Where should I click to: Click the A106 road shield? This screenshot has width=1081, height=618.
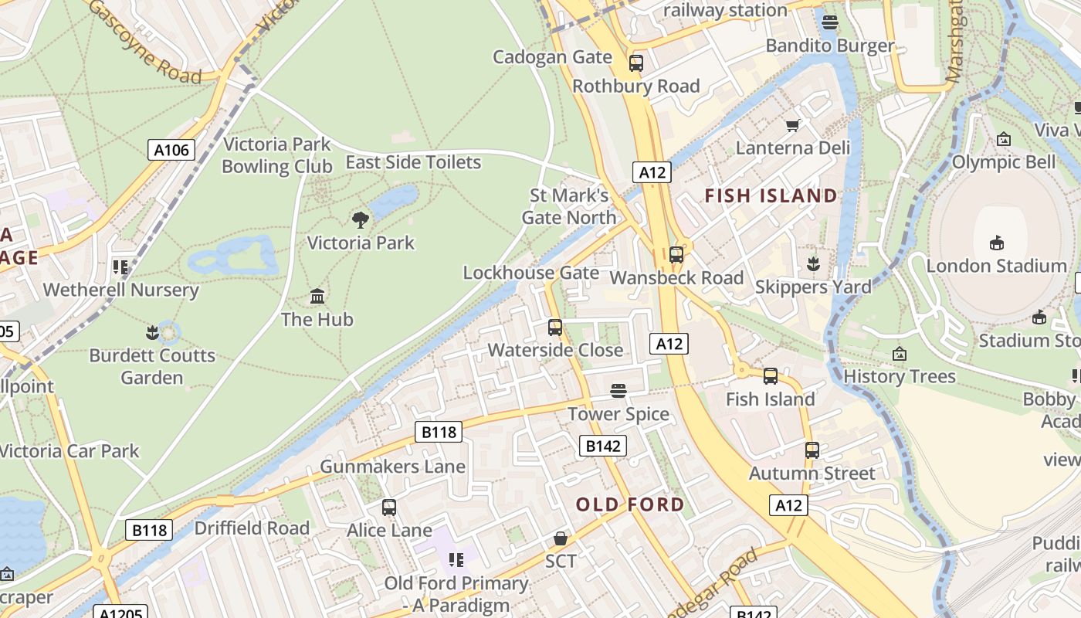click(x=171, y=150)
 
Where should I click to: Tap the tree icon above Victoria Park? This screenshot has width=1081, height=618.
click(x=360, y=220)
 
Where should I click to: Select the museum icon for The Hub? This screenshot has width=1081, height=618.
click(x=317, y=297)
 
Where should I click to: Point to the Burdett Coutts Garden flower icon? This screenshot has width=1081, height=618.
click(x=152, y=333)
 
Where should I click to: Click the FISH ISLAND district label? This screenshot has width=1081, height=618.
click(x=771, y=196)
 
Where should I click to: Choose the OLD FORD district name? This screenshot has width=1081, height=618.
click(x=630, y=505)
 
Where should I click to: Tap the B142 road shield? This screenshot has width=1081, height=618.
click(x=602, y=446)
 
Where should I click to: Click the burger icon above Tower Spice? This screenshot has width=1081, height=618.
click(x=618, y=391)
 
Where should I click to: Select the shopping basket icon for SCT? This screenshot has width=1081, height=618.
click(x=561, y=538)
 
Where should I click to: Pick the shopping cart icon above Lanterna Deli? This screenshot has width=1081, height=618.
click(x=792, y=125)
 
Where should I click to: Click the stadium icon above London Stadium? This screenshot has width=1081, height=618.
click(x=996, y=243)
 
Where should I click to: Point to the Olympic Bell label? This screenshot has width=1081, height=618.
click(x=1003, y=162)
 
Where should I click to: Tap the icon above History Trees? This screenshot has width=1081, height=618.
click(x=900, y=355)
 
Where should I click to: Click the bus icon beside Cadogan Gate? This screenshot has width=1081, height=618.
click(x=636, y=63)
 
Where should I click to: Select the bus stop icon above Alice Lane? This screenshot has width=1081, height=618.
click(x=389, y=508)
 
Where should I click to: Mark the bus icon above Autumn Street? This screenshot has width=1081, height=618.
click(x=812, y=450)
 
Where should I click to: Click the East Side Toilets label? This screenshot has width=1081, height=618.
click(x=413, y=162)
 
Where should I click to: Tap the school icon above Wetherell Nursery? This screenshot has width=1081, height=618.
click(x=120, y=267)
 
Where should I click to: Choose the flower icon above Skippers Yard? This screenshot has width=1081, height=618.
click(x=812, y=264)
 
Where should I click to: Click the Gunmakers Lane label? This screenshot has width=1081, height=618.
click(x=392, y=467)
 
